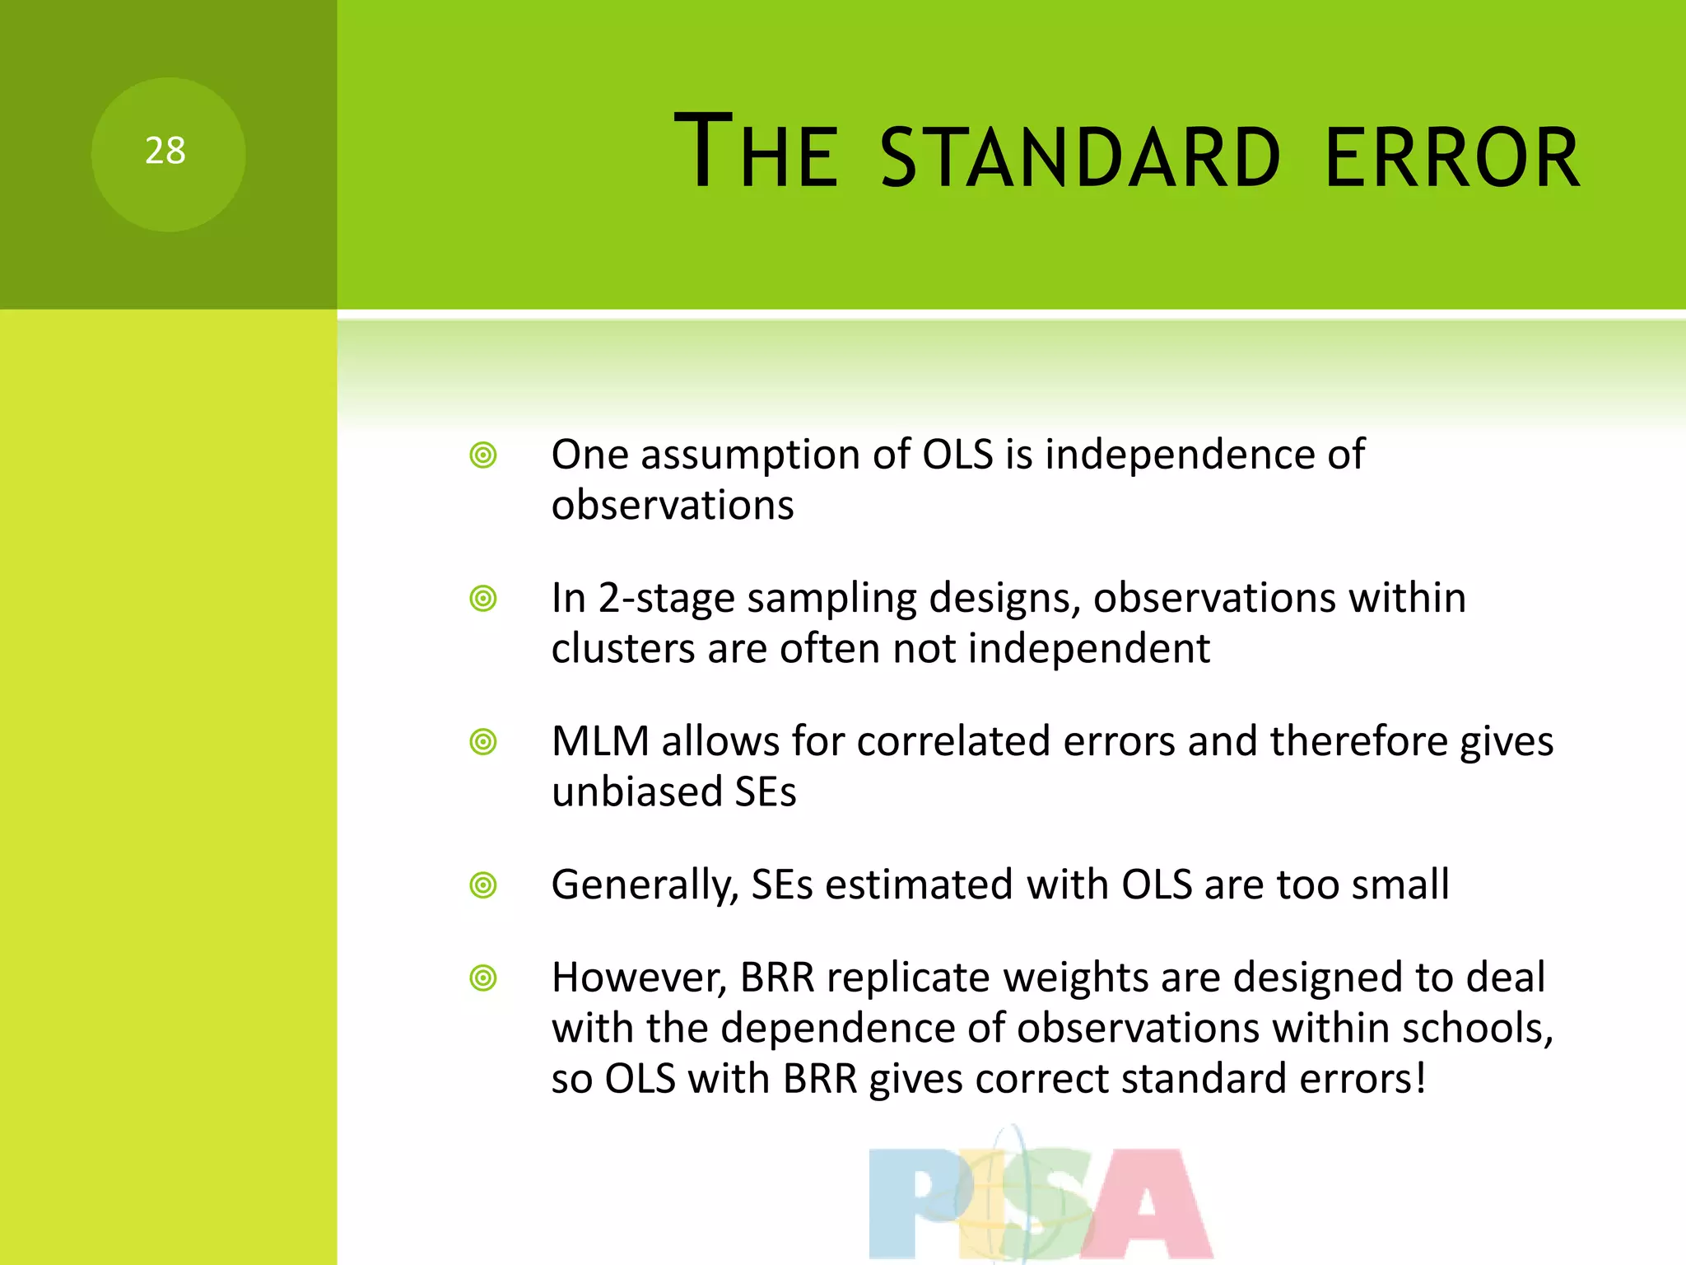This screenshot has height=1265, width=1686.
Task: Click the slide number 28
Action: pos(165,152)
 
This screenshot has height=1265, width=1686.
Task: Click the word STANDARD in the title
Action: pos(1080,157)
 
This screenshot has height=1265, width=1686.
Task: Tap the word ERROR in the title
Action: pos(1452,157)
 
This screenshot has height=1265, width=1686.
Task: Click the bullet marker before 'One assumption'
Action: pos(483,455)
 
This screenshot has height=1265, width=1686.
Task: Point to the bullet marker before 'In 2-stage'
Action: pos(483,599)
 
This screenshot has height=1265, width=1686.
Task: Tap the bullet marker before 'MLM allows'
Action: pos(483,742)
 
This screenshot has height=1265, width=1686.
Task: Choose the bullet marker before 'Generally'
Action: pos(483,885)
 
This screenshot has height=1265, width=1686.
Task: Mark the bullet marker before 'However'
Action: pos(483,978)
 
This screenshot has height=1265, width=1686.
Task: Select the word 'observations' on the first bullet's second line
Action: pos(673,505)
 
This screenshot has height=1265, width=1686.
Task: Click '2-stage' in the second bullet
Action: pos(666,599)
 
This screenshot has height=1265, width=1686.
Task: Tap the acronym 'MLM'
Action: pos(600,741)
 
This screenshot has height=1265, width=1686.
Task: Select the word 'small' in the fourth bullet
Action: pos(1400,885)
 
